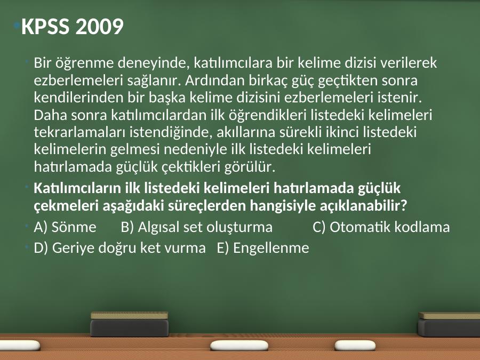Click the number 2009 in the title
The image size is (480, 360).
[x=99, y=26]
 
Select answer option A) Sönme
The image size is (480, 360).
[x=65, y=227]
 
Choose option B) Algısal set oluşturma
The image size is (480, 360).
[x=196, y=227]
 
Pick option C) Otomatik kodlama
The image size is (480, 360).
[x=381, y=227]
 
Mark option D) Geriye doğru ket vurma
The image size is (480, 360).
[x=119, y=248]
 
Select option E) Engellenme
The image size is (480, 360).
[x=263, y=248]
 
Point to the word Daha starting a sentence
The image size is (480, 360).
[x=51, y=115]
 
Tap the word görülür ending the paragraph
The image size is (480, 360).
[x=250, y=167]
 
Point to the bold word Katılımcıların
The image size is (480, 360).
[x=77, y=188]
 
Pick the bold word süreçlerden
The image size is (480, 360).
[x=206, y=206]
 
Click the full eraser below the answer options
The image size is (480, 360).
[x=130, y=324]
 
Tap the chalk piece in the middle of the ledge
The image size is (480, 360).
[x=239, y=345]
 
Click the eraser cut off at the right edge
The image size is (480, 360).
[x=449, y=324]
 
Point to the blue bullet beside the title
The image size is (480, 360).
[x=17, y=25]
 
